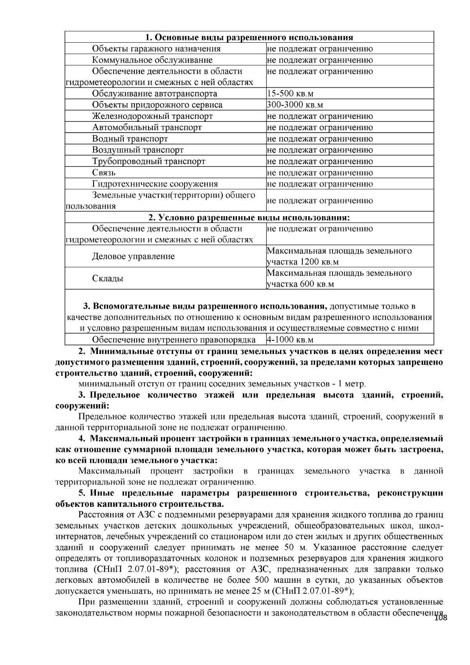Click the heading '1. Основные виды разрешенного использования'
coord(249,38)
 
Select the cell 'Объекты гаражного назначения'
coord(156,49)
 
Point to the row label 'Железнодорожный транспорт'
coord(152,116)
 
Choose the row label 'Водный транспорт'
coord(130,139)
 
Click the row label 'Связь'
coord(104,173)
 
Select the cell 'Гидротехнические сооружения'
coord(155,184)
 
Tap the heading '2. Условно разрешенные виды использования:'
coord(249,218)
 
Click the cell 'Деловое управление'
coord(133,257)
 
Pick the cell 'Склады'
coord(108,279)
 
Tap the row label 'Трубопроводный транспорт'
coord(149,161)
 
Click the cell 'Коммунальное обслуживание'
coord(152,60)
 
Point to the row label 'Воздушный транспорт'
coord(138,150)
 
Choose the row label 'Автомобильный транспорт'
coord(147,128)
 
